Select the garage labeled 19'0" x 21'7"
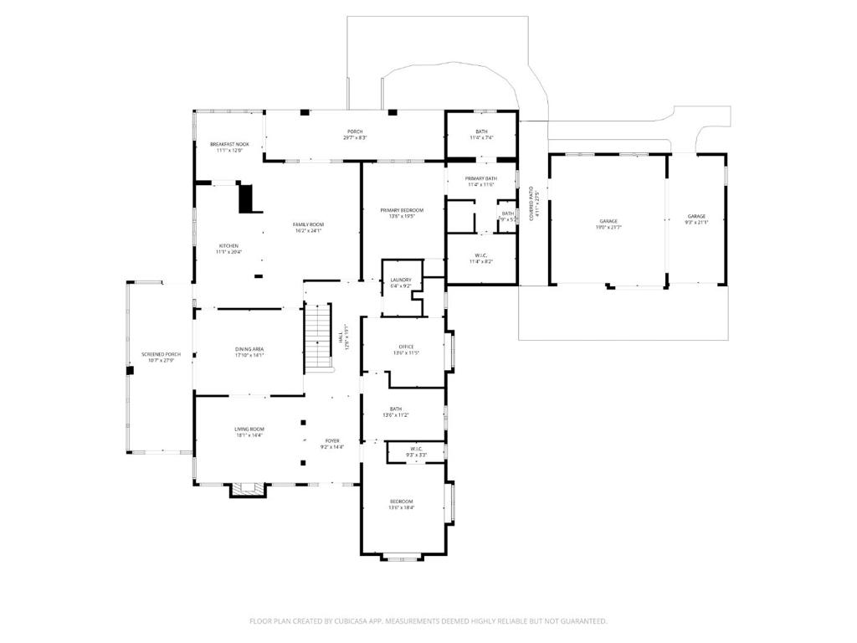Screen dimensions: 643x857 (x=608, y=222)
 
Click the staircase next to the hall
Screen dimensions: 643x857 (x=316, y=339)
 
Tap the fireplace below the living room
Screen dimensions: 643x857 (x=246, y=489)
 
